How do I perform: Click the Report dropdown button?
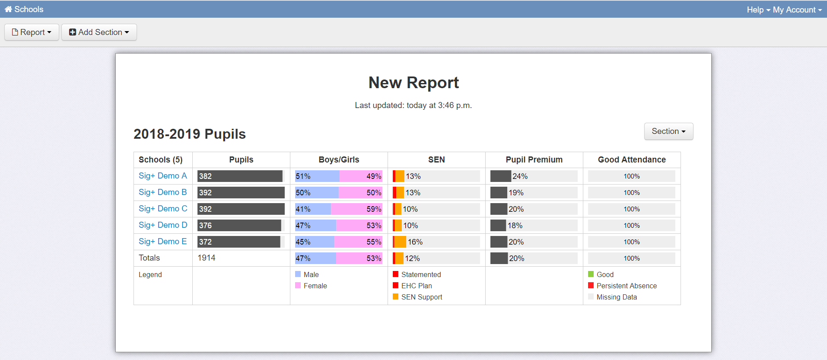click(32, 32)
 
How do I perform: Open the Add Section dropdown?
click(99, 32)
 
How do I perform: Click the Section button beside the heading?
click(668, 131)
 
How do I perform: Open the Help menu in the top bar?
click(758, 10)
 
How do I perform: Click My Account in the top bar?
click(797, 10)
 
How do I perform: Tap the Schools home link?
click(24, 9)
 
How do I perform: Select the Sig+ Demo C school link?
click(163, 209)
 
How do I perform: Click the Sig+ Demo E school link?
click(162, 242)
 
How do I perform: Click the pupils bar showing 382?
click(240, 176)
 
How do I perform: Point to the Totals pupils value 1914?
click(207, 258)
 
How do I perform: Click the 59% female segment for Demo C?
click(356, 209)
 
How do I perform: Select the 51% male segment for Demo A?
click(317, 176)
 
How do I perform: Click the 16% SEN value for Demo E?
click(415, 242)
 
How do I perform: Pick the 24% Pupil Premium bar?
click(501, 176)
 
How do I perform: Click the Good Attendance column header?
click(631, 160)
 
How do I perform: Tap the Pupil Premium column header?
click(534, 160)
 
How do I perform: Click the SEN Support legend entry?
click(421, 297)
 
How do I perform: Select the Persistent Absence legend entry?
click(626, 286)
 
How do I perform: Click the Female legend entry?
click(315, 286)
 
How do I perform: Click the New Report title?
click(413, 83)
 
